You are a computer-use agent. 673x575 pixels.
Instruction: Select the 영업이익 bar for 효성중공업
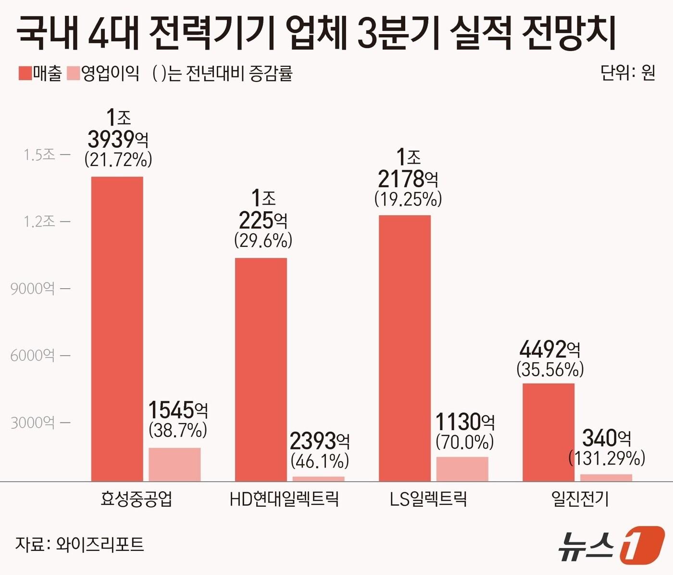coord(174,464)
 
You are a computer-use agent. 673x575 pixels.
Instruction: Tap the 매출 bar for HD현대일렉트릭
coord(261,370)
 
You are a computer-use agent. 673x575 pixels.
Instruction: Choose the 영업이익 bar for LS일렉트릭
coord(462,469)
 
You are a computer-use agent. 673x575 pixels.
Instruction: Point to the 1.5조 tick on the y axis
coord(40,155)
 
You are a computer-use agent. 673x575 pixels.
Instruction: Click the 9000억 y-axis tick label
coord(33,289)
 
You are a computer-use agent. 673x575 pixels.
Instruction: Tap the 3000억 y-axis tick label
coord(33,423)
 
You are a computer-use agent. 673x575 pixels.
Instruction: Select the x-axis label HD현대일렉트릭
coord(284,499)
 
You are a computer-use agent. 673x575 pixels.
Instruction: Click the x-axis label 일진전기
coord(580,499)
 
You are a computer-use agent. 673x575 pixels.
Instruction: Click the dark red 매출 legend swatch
coord(25,74)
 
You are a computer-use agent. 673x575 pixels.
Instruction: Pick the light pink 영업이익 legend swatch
coord(74,74)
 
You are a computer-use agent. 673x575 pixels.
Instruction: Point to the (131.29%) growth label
coord(607,459)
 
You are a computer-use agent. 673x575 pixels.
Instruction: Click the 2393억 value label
coord(320,441)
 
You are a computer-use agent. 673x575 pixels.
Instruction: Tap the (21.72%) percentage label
coord(118,159)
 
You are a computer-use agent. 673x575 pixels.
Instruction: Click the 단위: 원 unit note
coord(628,73)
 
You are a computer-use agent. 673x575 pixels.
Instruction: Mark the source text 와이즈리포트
coord(100,544)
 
